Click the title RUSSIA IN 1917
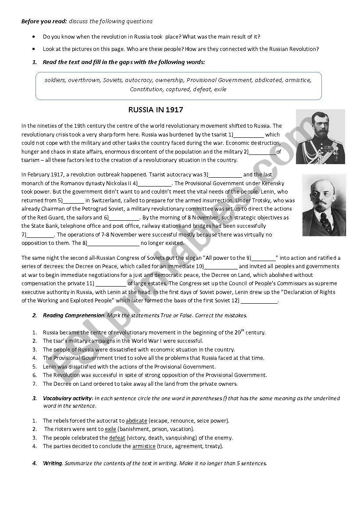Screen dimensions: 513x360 [155, 110]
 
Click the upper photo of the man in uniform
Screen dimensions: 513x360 [320, 136]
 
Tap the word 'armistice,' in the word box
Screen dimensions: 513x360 [298, 80]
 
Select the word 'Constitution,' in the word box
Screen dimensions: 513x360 [146, 89]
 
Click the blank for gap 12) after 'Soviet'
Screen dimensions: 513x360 [259, 301]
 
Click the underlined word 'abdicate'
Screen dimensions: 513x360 [136, 421]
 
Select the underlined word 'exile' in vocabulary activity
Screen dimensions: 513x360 [110, 429]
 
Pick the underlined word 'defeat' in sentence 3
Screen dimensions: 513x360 [117, 438]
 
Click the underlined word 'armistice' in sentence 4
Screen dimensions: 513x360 [144, 446]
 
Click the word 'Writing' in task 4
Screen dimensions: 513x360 [53, 463]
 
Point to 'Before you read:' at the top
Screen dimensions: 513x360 [44, 21]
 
